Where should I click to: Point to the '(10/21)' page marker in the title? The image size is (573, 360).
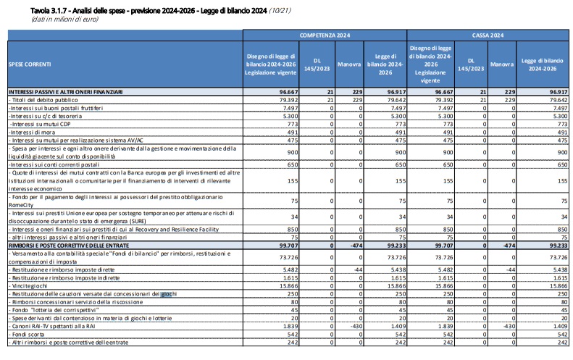(x=280, y=11)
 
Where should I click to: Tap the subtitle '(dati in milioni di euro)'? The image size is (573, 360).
(x=64, y=19)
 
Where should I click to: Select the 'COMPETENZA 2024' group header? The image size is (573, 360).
(x=325, y=35)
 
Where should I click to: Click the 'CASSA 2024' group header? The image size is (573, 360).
(x=488, y=35)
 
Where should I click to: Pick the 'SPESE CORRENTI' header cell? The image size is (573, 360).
(x=30, y=64)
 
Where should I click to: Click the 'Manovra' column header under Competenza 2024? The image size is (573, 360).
(x=349, y=64)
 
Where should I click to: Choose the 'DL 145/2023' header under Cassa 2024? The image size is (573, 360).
(x=471, y=64)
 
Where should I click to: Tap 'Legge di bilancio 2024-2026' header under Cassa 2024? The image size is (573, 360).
(x=543, y=64)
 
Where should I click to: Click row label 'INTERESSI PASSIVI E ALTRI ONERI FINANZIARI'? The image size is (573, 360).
(x=65, y=92)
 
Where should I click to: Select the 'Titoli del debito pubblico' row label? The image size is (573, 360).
(x=43, y=100)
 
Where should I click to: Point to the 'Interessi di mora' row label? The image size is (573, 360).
(x=32, y=133)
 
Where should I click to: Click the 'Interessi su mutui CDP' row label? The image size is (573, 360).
(x=40, y=125)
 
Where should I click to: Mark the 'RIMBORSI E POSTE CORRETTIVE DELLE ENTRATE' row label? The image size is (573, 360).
(x=69, y=246)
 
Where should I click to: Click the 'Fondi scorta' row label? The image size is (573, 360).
(x=26, y=335)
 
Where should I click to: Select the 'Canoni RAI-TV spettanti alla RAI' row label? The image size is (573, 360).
(x=52, y=327)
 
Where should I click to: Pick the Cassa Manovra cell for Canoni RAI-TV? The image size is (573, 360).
(x=502, y=327)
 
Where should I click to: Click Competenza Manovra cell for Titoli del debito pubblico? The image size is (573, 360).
(x=349, y=100)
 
